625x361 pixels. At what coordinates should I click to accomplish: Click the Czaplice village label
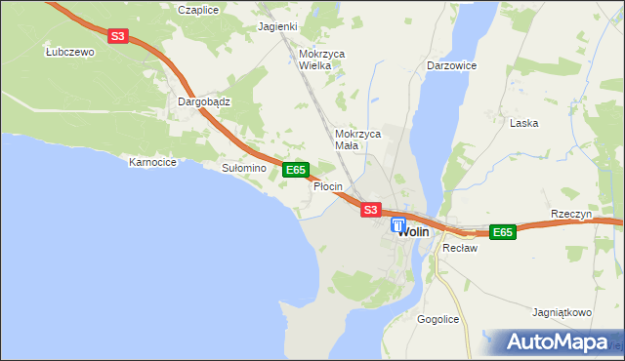click(196, 9)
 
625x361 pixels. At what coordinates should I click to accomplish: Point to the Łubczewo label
click(67, 53)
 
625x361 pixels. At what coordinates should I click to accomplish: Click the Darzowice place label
click(450, 65)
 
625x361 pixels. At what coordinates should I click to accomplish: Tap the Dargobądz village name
click(203, 100)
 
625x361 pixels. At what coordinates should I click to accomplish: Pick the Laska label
click(524, 124)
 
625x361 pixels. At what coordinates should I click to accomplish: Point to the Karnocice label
click(152, 162)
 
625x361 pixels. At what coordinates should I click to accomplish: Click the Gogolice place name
click(437, 319)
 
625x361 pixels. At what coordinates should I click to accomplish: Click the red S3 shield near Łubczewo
click(118, 36)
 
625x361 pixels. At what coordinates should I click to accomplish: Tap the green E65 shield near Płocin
click(296, 170)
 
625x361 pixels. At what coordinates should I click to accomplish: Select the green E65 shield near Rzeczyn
click(502, 232)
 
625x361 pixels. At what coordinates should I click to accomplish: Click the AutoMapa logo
click(557, 342)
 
